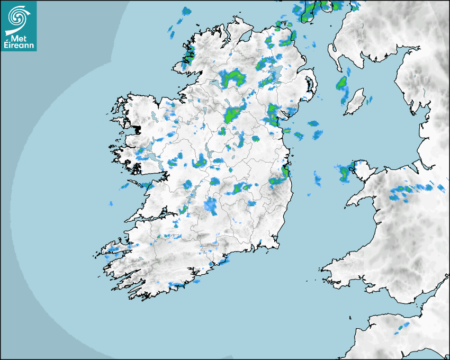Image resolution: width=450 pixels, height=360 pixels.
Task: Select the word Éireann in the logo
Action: [19, 46]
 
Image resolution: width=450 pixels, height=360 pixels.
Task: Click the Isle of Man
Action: [355, 102]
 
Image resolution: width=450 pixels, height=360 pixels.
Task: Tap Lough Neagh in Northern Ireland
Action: [274, 73]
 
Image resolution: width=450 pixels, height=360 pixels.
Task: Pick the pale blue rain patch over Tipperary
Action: [211, 206]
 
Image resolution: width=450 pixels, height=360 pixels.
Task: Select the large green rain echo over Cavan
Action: [233, 114]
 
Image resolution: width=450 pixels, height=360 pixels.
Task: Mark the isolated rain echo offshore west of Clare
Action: [111, 203]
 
